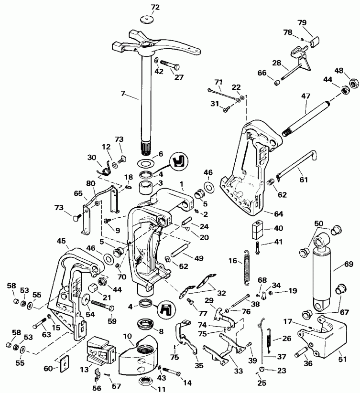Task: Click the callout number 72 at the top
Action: click(x=142, y=7)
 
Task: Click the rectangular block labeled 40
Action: click(x=257, y=230)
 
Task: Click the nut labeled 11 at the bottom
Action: click(x=145, y=382)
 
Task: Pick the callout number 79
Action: click(x=316, y=22)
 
